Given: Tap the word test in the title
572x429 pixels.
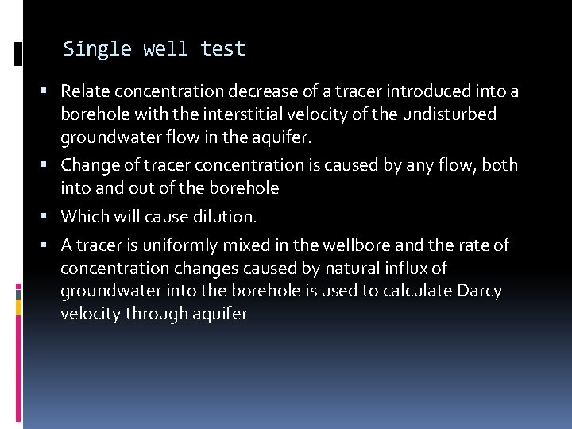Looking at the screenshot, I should tap(223, 49).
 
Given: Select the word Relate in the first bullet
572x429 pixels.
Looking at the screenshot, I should tap(85, 91).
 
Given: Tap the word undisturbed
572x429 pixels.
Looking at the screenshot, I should tap(449, 114).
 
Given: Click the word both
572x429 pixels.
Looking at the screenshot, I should tap(500, 165).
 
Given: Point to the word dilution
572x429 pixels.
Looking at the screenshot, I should tap(229, 216).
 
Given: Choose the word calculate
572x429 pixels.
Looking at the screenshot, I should tap(419, 291).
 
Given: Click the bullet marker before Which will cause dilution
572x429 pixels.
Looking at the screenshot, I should tap(50, 216).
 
